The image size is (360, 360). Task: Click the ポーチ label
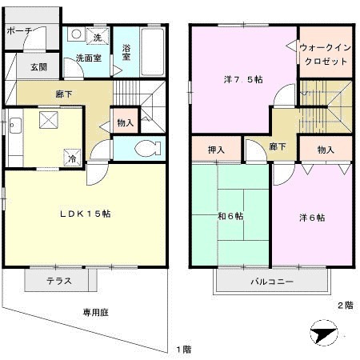[18, 30]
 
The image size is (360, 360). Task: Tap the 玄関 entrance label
[38, 67]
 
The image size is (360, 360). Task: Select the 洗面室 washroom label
[88, 58]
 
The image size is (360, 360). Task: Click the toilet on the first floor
[145, 149]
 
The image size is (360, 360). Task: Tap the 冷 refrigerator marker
[73, 158]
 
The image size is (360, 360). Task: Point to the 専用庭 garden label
[94, 312]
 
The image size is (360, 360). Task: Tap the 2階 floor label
[344, 305]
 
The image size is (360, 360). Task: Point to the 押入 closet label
[216, 149]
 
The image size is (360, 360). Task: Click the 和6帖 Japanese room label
[231, 216]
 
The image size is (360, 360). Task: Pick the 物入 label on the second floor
[326, 149]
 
